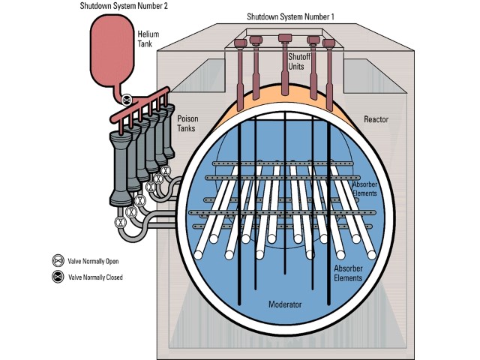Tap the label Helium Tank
tap(148, 38)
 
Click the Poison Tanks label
tap(187, 124)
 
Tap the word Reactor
tap(376, 119)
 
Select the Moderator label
tap(285, 306)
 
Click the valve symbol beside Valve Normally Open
tap(57, 261)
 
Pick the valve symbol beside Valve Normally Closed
tap(57, 277)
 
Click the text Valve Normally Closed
tap(95, 277)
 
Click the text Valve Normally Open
tap(94, 262)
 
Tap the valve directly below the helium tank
tap(127, 98)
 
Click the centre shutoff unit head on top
tap(284, 38)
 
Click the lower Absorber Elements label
tap(348, 273)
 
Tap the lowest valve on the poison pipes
tap(118, 223)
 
